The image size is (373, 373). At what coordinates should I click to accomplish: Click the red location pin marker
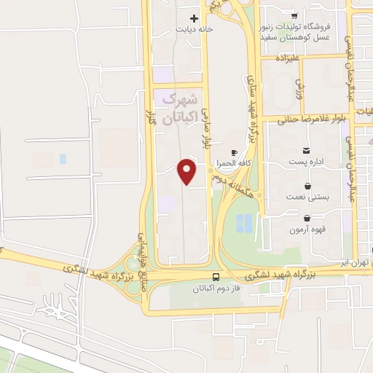[x=188, y=171]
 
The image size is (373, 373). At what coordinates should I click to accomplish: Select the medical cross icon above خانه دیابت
[x=194, y=18]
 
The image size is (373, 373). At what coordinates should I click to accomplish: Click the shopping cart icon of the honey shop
[x=294, y=15]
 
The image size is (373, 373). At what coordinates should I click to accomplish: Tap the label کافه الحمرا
[x=241, y=165]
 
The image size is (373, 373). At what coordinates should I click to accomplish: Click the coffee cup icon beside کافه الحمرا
[x=234, y=152]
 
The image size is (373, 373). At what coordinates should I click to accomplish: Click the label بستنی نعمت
[x=307, y=197]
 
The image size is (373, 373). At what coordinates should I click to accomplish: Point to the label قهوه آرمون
[x=305, y=230]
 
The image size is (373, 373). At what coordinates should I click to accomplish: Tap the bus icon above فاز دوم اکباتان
[x=215, y=277]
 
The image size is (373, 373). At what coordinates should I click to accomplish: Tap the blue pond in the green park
[x=246, y=221]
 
